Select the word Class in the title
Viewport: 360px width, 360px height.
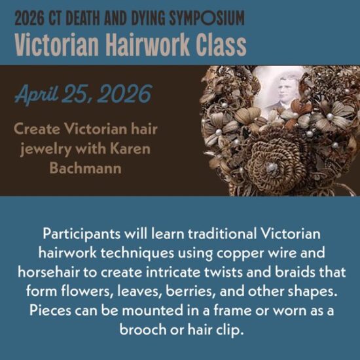(x=221, y=45)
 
